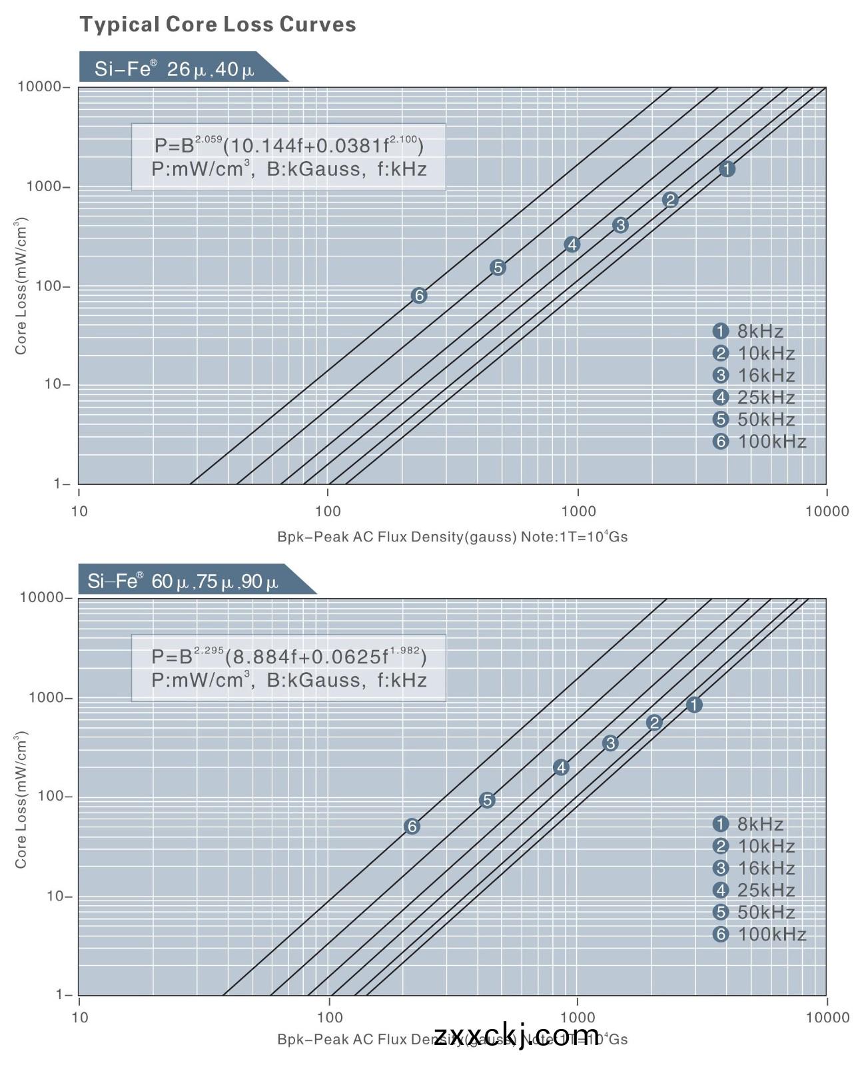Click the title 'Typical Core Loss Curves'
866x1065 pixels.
[218, 25]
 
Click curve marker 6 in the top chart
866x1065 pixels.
[419, 296]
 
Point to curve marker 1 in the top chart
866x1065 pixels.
[727, 169]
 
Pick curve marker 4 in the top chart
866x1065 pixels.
[572, 244]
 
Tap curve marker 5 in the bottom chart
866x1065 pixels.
[487, 800]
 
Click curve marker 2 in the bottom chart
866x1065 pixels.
[654, 723]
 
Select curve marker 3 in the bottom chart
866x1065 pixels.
[610, 743]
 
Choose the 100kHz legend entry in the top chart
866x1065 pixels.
[759, 442]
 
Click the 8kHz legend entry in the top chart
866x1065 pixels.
[749, 331]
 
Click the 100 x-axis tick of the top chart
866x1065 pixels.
[328, 512]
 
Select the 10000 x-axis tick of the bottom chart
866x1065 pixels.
[827, 1017]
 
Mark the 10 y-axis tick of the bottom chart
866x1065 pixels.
[58, 896]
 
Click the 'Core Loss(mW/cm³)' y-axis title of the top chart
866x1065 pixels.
[21, 286]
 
